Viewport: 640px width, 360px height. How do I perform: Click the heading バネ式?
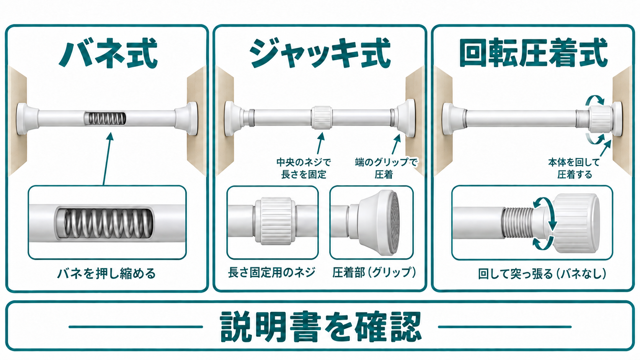click(x=108, y=54)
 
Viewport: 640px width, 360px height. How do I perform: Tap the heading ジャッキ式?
click(x=320, y=54)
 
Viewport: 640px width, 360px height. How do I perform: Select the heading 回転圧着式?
click(x=534, y=53)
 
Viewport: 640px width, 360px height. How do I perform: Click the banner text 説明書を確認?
click(x=320, y=327)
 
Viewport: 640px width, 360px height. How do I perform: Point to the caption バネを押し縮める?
click(x=106, y=274)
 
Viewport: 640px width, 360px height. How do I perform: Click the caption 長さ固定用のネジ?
click(x=272, y=272)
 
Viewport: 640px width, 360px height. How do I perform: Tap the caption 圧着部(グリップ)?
click(x=374, y=272)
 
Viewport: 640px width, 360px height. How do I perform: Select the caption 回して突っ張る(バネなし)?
click(x=542, y=274)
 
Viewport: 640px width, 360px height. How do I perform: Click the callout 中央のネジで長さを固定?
click(x=304, y=168)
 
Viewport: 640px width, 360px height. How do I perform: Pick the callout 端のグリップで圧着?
click(x=386, y=168)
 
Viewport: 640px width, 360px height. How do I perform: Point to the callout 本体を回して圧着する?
click(x=574, y=168)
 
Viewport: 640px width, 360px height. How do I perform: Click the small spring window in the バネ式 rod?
click(x=105, y=119)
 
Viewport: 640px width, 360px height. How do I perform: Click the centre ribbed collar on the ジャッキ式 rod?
click(x=322, y=117)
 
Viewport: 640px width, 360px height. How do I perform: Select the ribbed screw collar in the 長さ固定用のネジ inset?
click(x=275, y=221)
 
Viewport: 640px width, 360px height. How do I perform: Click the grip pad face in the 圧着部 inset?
click(x=395, y=221)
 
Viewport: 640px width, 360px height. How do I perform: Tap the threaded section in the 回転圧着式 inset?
click(x=518, y=222)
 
